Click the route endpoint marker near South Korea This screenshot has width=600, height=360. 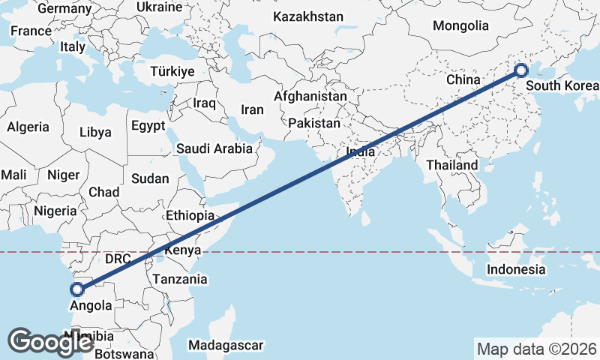point(521,71)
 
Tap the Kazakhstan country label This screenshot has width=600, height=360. point(307,16)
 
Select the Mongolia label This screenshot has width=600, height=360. point(460,25)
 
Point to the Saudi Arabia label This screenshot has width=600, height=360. point(214,148)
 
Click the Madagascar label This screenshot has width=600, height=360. point(226,345)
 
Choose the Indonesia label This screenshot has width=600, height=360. point(515,269)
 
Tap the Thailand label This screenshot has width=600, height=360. point(452,165)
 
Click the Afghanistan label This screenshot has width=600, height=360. point(310,96)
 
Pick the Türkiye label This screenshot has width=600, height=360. point(172,71)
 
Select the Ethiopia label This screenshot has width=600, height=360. point(190,215)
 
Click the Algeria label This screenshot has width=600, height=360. point(28,127)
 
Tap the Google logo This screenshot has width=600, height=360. point(50,342)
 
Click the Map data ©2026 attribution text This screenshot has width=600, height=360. point(536,349)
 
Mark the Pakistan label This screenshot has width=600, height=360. point(313,123)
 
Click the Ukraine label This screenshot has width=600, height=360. point(159,7)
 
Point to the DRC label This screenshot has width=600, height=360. point(118,259)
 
